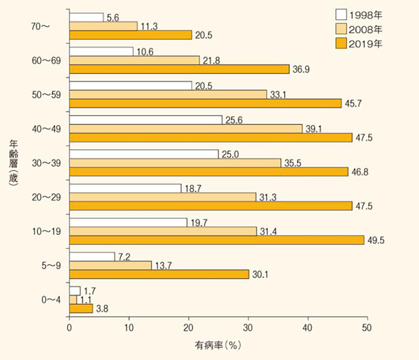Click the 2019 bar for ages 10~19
click(x=217, y=240)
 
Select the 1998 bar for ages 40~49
click(x=145, y=120)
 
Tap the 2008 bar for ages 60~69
click(x=134, y=60)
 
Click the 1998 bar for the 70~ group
click(x=86, y=17)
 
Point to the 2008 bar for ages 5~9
click(x=110, y=265)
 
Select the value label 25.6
click(x=234, y=120)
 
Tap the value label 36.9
click(x=301, y=70)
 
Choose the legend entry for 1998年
click(x=359, y=16)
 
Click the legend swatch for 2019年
click(x=341, y=43)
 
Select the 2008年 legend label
click(x=366, y=29)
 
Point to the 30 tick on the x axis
click(x=248, y=328)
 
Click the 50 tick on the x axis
click(x=367, y=328)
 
